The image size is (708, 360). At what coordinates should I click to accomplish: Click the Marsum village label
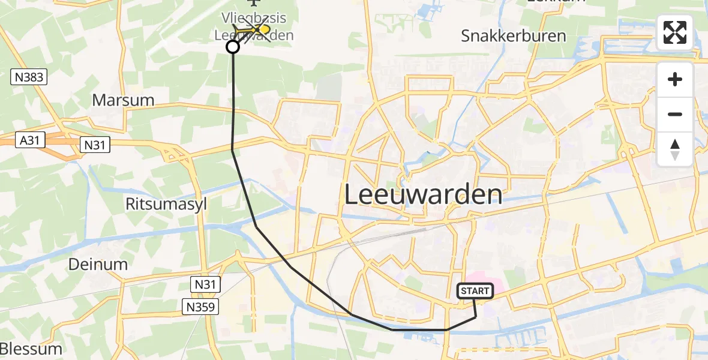(x=123, y=100)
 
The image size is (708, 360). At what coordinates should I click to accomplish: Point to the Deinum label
(x=98, y=264)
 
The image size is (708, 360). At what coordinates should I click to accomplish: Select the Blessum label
(x=31, y=349)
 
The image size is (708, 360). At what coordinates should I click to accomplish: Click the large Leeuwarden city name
(x=423, y=195)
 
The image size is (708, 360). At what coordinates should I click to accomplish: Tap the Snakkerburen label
(x=513, y=35)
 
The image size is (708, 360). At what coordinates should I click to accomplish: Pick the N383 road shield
(x=29, y=77)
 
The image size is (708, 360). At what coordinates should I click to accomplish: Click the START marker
(x=475, y=291)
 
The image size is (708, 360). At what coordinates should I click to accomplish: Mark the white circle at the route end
(x=232, y=47)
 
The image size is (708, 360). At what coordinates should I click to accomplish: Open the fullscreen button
(x=675, y=32)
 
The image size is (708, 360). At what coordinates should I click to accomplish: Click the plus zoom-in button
(x=675, y=79)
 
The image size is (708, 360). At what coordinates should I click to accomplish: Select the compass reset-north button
(x=675, y=149)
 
